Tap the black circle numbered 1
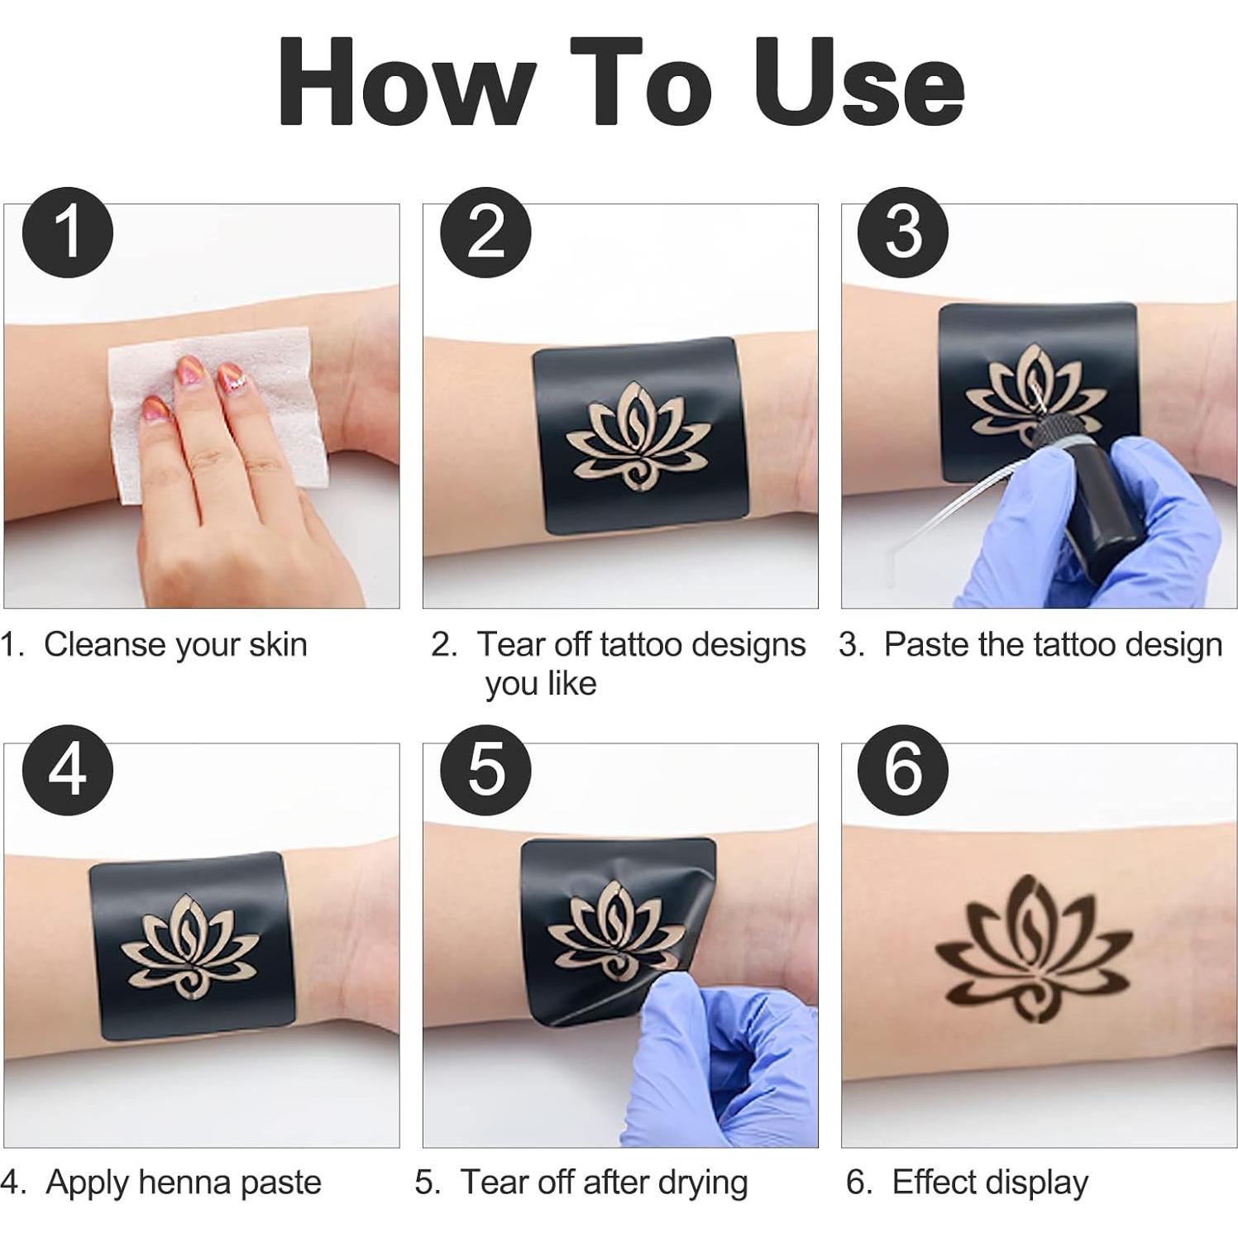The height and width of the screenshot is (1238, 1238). coord(68,232)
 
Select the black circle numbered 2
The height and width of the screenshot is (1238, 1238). coord(485,232)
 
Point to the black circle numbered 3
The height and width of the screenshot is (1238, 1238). coord(903,232)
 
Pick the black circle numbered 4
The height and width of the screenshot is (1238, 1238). coord(68,770)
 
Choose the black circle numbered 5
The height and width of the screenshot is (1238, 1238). coord(485,770)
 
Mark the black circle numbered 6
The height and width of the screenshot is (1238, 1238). coord(903,770)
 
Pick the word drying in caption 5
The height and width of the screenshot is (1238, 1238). coord(702,1183)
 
